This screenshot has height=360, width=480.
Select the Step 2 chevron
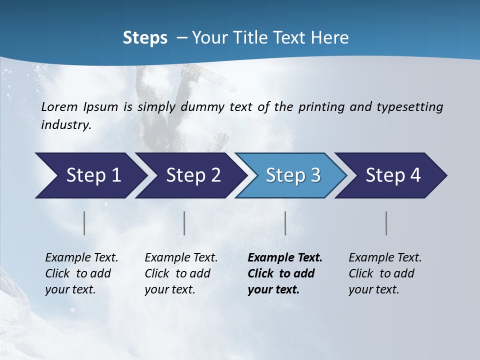[190, 175]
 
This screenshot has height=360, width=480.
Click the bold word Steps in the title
[145, 38]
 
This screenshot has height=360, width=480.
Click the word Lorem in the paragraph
[58, 107]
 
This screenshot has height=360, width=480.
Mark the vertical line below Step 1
[84, 223]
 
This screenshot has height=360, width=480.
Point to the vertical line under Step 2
[184, 223]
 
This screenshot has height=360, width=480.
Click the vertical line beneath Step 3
[285, 223]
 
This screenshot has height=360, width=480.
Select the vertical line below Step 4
[386, 223]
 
